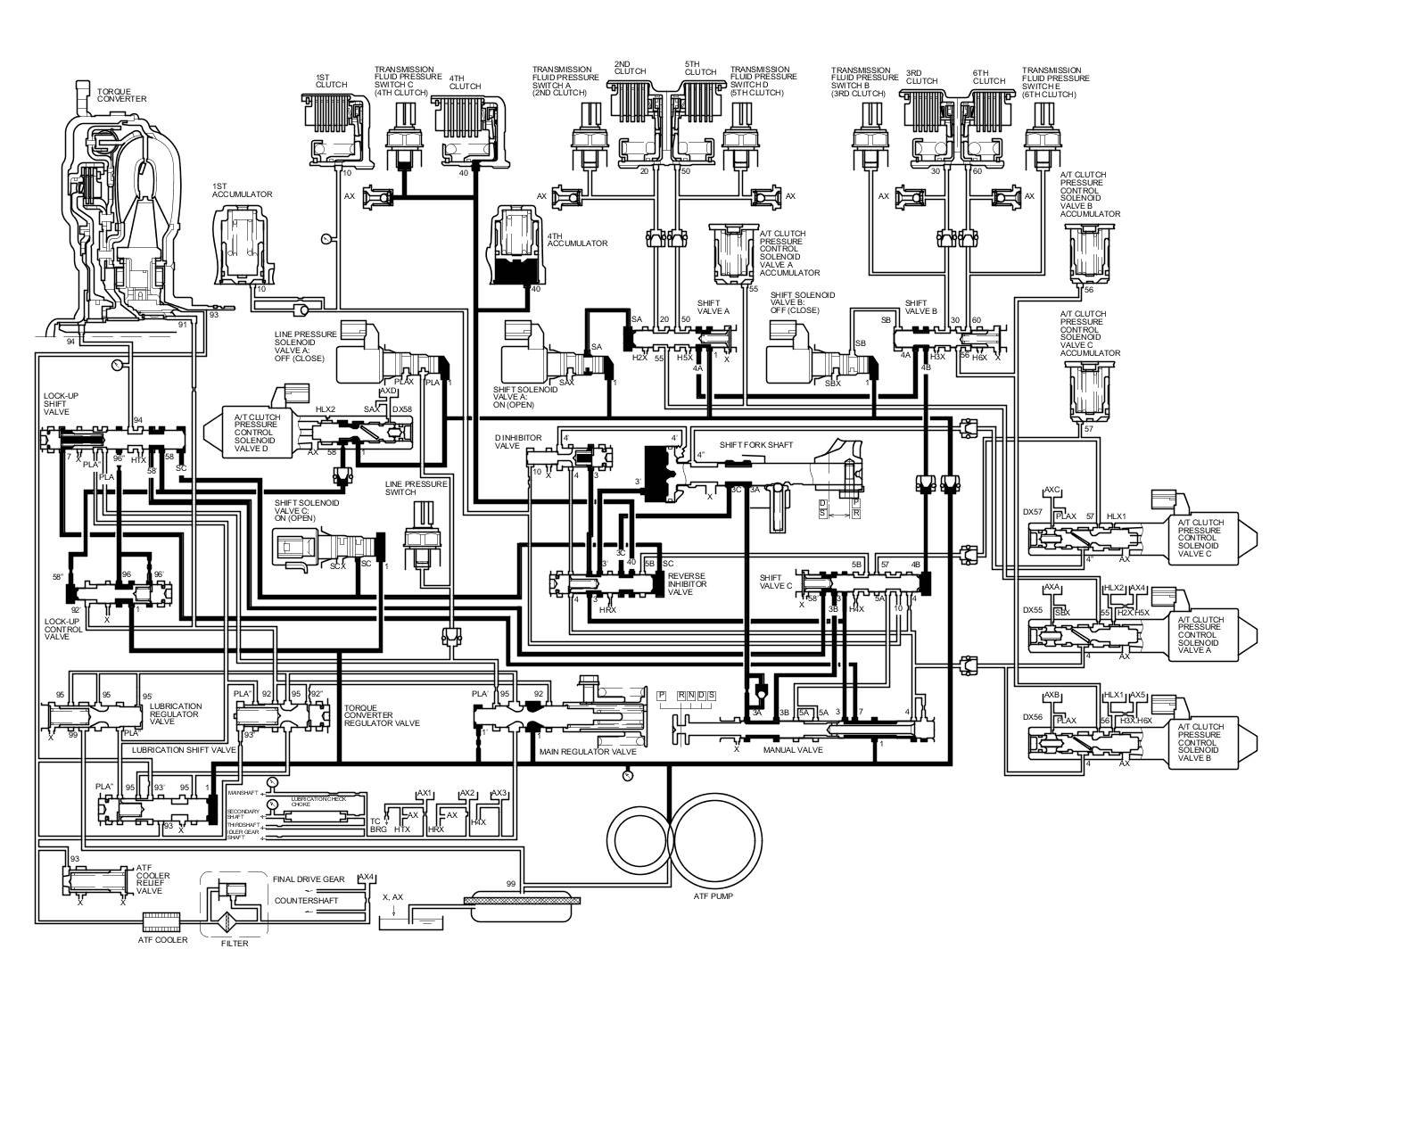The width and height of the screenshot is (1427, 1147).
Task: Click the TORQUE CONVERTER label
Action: [121, 95]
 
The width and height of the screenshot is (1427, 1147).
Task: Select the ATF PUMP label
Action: [713, 895]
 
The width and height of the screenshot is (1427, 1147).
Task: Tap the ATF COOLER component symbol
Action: [161, 919]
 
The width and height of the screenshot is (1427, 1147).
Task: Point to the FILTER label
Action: [235, 944]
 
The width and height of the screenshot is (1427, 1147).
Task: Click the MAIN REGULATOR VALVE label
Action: [588, 752]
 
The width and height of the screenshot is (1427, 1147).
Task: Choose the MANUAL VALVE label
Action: [792, 750]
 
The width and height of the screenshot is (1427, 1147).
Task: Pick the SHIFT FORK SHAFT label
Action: [756, 444]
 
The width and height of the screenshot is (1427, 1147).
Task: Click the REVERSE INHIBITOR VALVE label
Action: [687, 584]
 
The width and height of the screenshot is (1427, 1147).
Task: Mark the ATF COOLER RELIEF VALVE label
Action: [153, 878]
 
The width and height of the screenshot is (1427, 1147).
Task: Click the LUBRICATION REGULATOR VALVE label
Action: [176, 713]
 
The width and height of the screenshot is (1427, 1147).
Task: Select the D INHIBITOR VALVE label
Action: [518, 442]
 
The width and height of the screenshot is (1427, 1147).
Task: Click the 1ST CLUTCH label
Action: [331, 80]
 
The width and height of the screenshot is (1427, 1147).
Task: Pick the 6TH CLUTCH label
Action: [989, 76]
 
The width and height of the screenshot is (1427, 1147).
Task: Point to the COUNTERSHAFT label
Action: [306, 900]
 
